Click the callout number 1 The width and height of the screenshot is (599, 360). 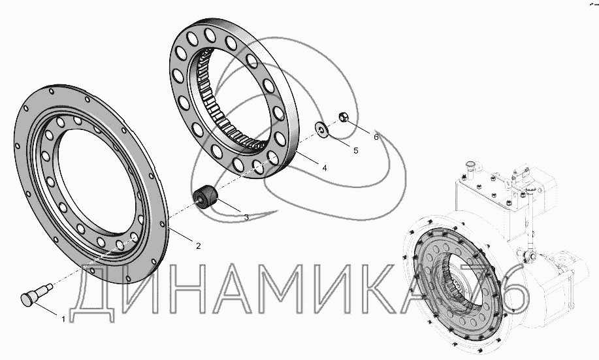(63, 319)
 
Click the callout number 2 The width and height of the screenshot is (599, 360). (199, 246)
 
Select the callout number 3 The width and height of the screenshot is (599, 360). (246, 217)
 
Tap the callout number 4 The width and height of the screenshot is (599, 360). (325, 168)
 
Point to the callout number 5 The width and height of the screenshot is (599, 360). (356, 150)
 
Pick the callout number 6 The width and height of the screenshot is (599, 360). (376, 137)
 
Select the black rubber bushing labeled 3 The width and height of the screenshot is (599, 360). (205, 197)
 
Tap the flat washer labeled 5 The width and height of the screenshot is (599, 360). (321, 129)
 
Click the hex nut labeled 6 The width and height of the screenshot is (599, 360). (344, 117)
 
